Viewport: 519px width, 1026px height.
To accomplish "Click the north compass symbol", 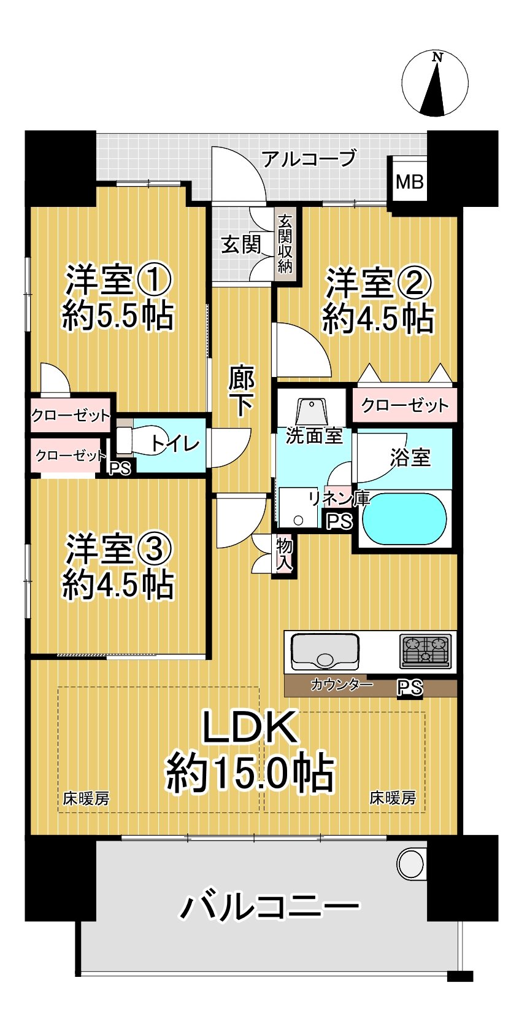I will coord(435,84).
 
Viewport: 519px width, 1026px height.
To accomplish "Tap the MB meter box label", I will coord(409,182).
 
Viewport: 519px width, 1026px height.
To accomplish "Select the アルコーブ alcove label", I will coord(309,158).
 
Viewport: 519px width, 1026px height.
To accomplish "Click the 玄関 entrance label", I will coord(240,244).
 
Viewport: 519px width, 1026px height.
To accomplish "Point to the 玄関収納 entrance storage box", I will coord(285,244).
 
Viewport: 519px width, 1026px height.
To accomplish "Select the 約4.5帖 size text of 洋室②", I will coord(378,319).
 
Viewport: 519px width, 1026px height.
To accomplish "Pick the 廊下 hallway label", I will coord(241,391).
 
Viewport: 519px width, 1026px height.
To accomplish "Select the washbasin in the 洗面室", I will coord(313,410).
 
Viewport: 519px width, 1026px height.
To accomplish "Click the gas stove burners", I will coord(425,651).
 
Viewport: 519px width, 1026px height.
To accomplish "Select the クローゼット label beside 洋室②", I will coord(404,405).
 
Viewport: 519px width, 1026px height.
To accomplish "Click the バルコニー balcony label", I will coord(269,906).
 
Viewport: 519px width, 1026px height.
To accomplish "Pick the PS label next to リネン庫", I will coord(339,521).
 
